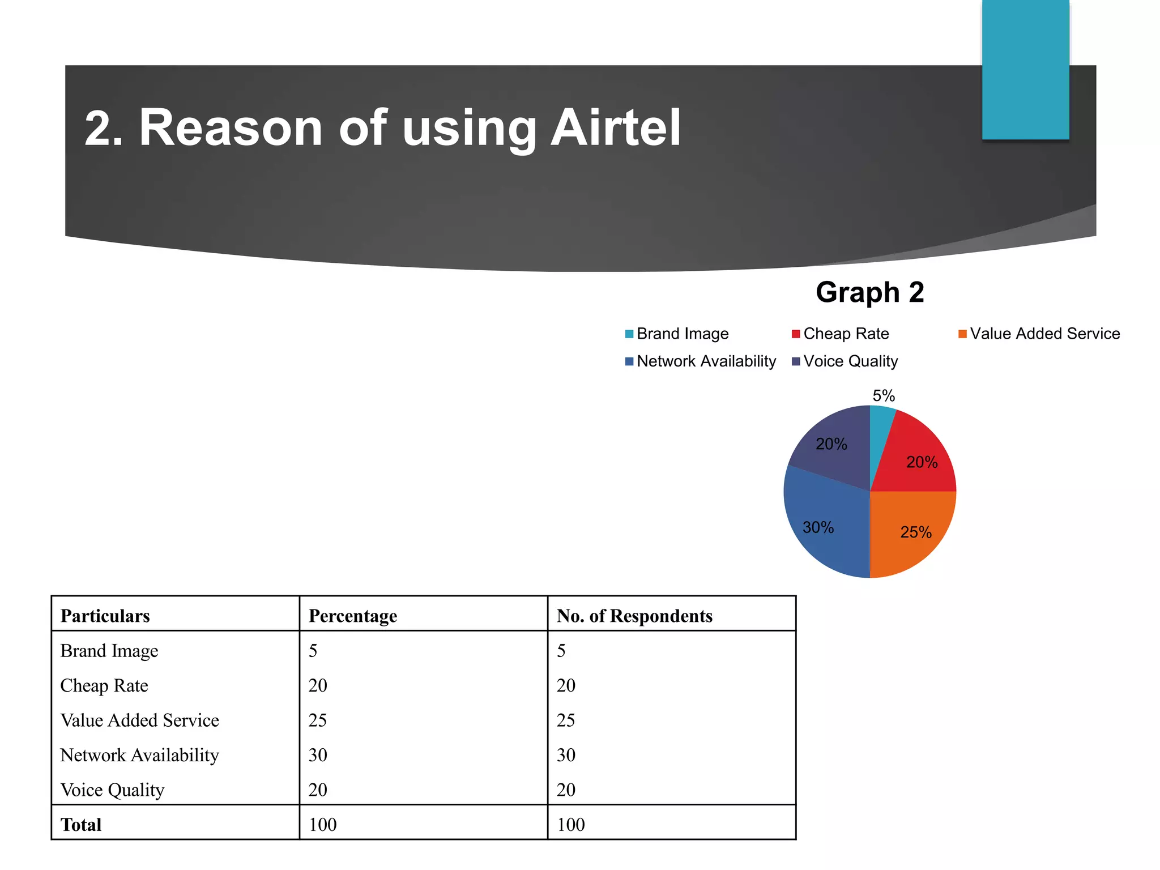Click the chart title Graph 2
tap(869, 293)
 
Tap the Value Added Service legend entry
tap(1039, 334)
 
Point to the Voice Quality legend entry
tap(845, 361)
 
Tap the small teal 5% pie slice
tap(881, 422)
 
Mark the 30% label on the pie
tap(818, 528)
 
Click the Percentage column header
tap(352, 616)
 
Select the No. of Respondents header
tap(634, 616)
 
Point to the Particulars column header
tap(105, 616)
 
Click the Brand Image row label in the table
tap(109, 651)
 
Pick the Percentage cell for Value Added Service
tap(318, 720)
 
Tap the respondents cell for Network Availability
tap(566, 755)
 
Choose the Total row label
tap(81, 825)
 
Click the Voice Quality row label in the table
tap(112, 790)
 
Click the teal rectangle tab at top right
tap(1025, 69)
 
